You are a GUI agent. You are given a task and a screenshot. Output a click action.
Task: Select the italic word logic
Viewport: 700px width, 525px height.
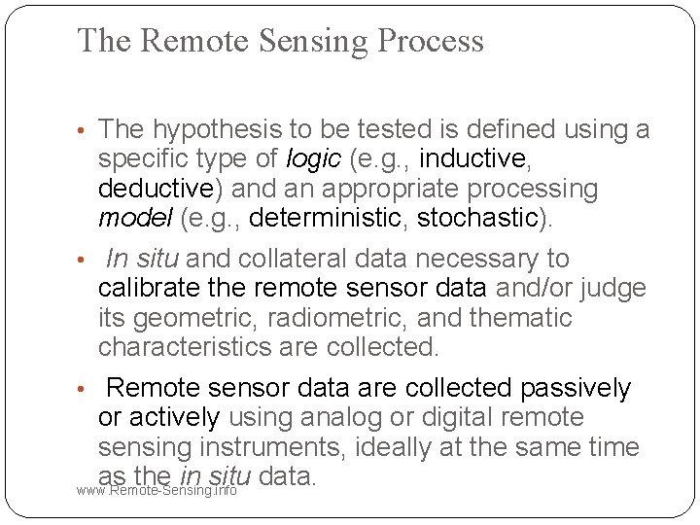click(x=315, y=158)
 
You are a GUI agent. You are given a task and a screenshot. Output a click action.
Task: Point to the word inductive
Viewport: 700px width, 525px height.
click(x=473, y=158)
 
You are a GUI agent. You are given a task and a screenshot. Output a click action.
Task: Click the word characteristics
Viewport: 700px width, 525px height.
click(x=183, y=346)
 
